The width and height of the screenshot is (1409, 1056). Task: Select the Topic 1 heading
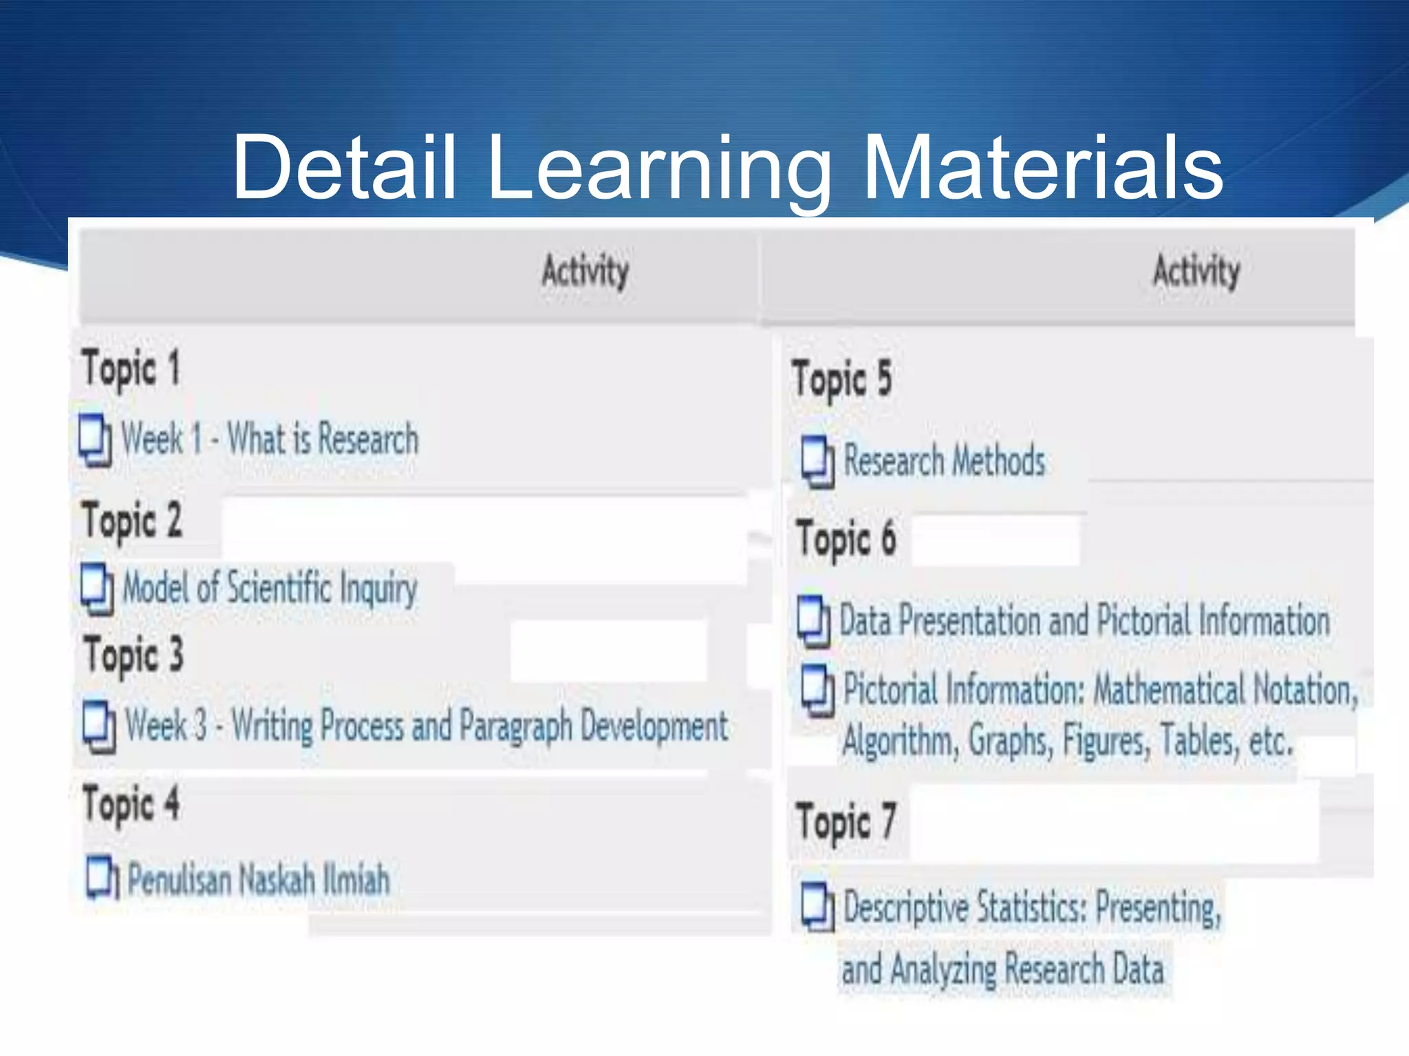pos(131,368)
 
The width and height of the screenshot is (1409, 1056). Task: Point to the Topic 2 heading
pos(132,520)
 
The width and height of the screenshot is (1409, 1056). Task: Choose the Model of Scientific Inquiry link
pos(270,588)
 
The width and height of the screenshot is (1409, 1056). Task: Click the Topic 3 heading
pos(134,654)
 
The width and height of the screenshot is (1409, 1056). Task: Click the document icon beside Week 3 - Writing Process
pos(99,726)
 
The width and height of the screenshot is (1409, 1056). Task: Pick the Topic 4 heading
pos(131,803)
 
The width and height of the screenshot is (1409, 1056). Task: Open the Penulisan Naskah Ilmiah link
pos(259,879)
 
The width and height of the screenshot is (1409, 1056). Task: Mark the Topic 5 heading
pos(841,379)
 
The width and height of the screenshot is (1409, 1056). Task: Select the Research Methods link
pos(944,460)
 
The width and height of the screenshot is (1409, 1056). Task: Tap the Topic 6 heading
pos(846,539)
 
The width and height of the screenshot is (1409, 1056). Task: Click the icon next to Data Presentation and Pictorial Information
pos(814,621)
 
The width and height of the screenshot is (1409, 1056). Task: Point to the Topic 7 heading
pos(846,822)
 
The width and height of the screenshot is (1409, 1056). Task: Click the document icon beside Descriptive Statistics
pos(817,907)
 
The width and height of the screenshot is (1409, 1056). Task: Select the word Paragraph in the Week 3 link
pos(515,726)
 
